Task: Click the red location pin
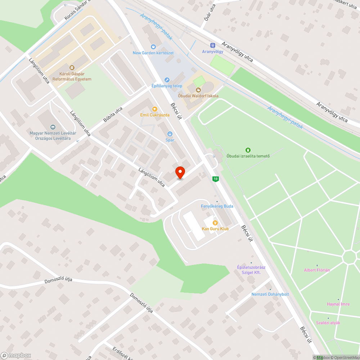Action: tap(180, 172)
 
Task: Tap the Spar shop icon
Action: tap(170, 134)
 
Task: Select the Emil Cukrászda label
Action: tap(155, 115)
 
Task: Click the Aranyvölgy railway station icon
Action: tap(212, 46)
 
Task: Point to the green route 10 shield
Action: tap(215, 179)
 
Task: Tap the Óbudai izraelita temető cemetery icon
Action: tap(248, 150)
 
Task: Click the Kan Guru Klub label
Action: tap(215, 229)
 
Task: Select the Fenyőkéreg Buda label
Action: tap(217, 206)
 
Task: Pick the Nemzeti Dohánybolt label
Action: tap(270, 294)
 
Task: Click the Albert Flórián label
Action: tap(317, 270)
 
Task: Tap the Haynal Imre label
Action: tap(338, 304)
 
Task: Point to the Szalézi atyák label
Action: tap(328, 323)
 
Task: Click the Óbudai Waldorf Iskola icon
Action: tap(198, 90)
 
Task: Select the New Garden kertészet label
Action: tap(153, 53)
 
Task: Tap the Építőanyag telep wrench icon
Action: tap(167, 80)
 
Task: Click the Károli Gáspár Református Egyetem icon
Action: tap(72, 67)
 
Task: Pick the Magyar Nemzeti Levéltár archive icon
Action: tap(53, 127)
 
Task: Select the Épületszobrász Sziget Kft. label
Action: tap(251, 270)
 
